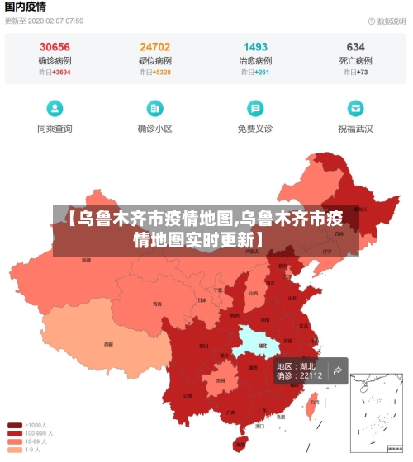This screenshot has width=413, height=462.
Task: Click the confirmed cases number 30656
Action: pos(55,47)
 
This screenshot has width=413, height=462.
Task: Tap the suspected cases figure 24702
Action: pos(155,47)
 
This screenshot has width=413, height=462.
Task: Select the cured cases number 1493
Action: pos(255,47)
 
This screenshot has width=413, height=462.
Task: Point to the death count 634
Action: pos(355,47)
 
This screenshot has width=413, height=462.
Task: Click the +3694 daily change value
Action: pos(62,73)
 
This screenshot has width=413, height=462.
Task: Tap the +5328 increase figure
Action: pos(162,73)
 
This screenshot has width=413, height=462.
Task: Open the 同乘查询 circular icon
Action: pos(55,108)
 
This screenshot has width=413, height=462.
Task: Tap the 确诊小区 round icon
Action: pos(154,108)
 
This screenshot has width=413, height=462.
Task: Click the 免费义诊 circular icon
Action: pos(255,108)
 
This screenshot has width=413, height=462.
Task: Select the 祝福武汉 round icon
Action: pos(355,108)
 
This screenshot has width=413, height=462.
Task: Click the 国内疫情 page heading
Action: pos(25,7)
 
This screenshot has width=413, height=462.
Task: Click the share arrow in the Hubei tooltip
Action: pos(337,371)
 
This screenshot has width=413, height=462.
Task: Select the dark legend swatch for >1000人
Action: pos(15,425)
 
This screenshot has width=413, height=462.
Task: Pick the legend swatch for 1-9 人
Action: pos(15,450)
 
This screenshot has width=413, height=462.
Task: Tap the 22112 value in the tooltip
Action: pos(311,375)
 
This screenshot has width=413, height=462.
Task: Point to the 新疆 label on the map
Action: pos(86,261)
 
